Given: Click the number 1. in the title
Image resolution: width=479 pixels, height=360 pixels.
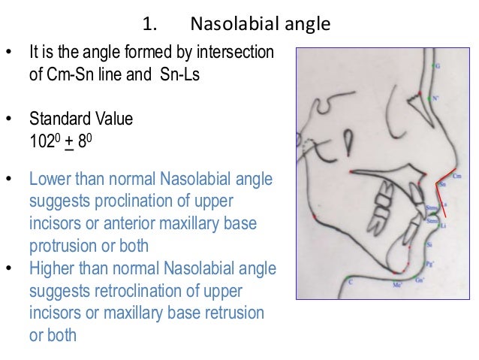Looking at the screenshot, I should click(149, 25).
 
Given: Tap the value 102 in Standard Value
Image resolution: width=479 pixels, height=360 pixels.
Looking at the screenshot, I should click(42, 139).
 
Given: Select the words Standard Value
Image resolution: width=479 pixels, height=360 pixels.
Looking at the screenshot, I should click(71, 119).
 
